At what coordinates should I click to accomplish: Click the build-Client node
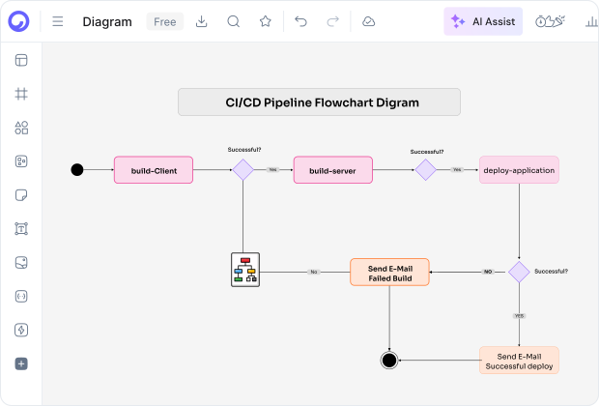pyautogui.click(x=154, y=170)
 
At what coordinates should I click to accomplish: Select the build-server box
pyautogui.click(x=332, y=170)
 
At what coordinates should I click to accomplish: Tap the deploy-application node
pyautogui.click(x=519, y=170)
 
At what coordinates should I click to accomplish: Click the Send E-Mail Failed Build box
pyautogui.click(x=388, y=272)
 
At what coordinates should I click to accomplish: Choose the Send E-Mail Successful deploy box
pyautogui.click(x=519, y=361)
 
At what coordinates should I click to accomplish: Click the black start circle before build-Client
pyautogui.click(x=77, y=170)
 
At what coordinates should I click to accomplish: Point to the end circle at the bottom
pyautogui.click(x=389, y=361)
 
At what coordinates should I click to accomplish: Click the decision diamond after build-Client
pyautogui.click(x=242, y=170)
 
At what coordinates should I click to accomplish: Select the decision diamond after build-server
pyautogui.click(x=425, y=170)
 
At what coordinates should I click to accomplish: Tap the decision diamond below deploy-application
pyautogui.click(x=520, y=272)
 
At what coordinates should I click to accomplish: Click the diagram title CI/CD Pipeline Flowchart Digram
pyautogui.click(x=319, y=101)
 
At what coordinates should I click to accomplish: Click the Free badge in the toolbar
pyautogui.click(x=164, y=21)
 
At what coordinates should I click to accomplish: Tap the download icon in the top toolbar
pyautogui.click(x=202, y=21)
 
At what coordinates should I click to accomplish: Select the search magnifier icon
pyautogui.click(x=234, y=21)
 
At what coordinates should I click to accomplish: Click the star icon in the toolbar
pyautogui.click(x=265, y=21)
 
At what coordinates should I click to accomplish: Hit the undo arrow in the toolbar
pyautogui.click(x=301, y=21)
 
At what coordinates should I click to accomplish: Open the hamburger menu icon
pyautogui.click(x=58, y=21)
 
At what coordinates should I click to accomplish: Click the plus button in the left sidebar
pyautogui.click(x=21, y=363)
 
